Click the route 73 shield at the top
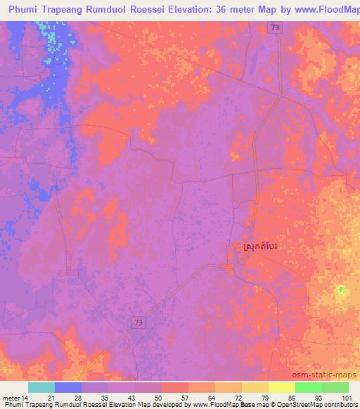tap(275, 27)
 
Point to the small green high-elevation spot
tap(341, 289)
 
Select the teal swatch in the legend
tap(41, 387)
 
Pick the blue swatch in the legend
tap(68, 387)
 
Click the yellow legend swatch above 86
tap(281, 387)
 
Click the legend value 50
tap(162, 398)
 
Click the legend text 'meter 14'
tap(15, 398)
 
